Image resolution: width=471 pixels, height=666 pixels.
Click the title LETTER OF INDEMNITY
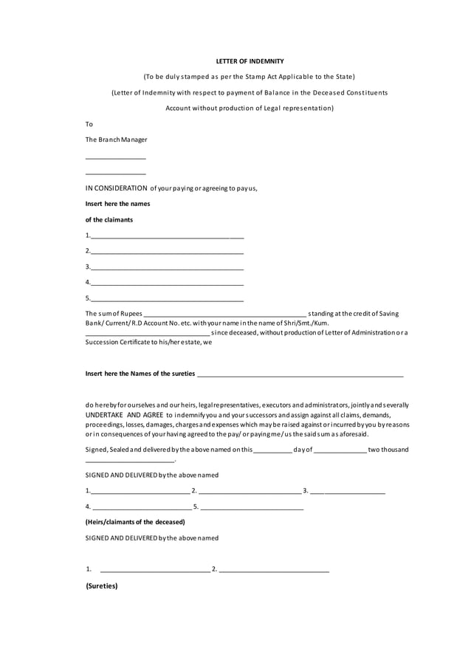pyautogui.click(x=249, y=61)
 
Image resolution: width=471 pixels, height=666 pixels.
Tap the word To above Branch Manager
pyautogui.click(x=89, y=124)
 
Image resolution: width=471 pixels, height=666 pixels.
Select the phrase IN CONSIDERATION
pyautogui.click(x=116, y=188)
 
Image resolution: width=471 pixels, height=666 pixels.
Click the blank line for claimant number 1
pyautogui.click(x=166, y=238)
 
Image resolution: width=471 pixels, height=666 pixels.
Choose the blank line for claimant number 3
pyautogui.click(x=166, y=268)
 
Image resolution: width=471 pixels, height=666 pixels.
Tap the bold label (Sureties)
pyautogui.click(x=102, y=586)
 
